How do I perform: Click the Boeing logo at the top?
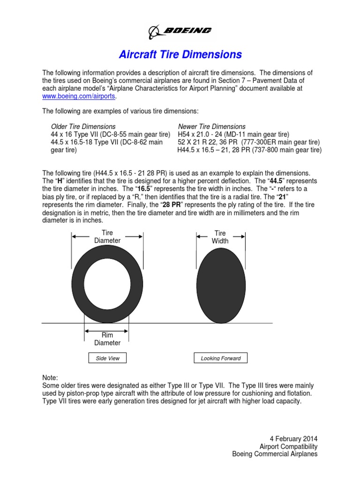[x=180, y=30]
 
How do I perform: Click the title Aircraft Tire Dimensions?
[x=180, y=54]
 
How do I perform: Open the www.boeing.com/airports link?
[x=78, y=96]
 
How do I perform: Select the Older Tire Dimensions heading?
[x=83, y=126]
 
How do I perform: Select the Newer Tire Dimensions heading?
[x=211, y=126]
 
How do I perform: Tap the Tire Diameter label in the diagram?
[x=107, y=237]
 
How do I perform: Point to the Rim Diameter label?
[x=107, y=339]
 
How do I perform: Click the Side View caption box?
[x=107, y=358]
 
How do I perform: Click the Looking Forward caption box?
[x=220, y=358]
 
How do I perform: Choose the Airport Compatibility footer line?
[x=288, y=446]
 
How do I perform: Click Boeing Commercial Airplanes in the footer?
[x=275, y=454]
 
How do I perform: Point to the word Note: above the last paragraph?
[x=50, y=378]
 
